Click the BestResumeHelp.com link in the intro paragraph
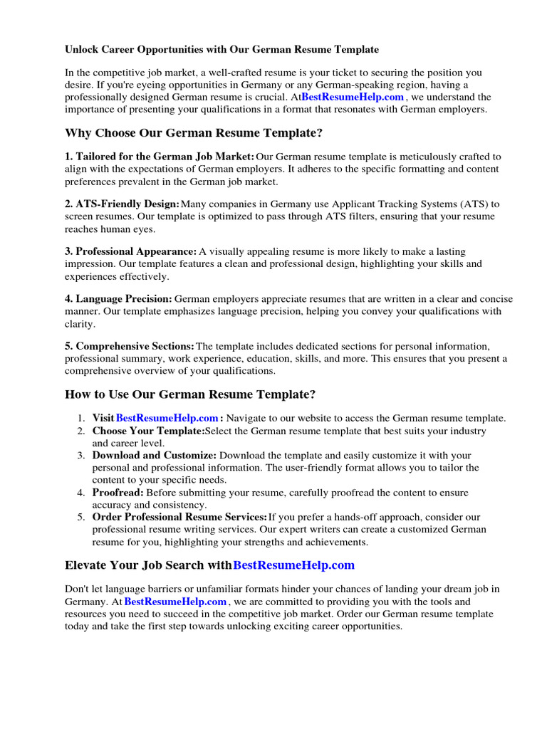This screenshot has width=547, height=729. point(353,97)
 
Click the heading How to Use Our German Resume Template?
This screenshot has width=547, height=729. point(190,394)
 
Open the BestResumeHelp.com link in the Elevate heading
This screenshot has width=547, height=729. point(293,565)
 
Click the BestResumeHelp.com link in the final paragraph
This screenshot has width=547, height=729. point(175,602)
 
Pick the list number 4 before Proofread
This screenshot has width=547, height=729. point(81,493)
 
